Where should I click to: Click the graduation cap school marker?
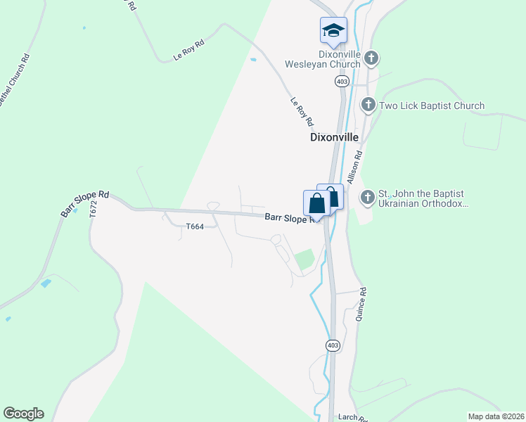(333, 30)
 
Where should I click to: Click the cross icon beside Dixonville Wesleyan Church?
(371, 58)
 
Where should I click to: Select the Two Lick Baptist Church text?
(431, 106)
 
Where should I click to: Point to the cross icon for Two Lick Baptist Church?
(367, 105)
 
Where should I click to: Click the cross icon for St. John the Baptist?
(367, 198)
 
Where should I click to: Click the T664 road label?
(195, 226)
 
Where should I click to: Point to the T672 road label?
(93, 210)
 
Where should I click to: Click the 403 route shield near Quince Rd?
(333, 345)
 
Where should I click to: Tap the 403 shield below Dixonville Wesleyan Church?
(342, 82)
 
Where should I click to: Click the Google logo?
(23, 414)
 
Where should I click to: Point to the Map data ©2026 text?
(495, 416)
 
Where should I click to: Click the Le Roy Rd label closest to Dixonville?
(302, 112)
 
